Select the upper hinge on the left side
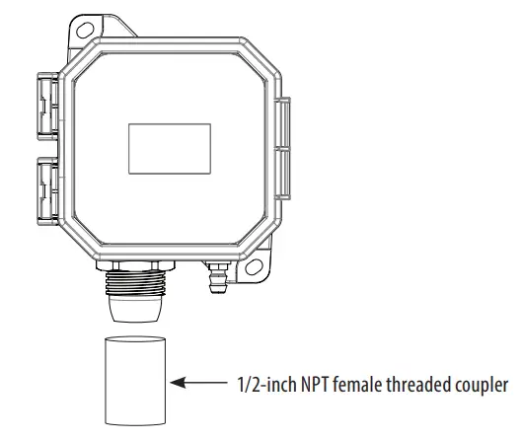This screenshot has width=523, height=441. tap(43, 107)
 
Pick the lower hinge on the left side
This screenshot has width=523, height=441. tap(43, 189)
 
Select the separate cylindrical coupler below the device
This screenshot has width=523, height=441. tap(134, 378)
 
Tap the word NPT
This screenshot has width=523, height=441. tap(317, 383)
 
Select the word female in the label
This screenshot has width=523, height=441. tap(362, 383)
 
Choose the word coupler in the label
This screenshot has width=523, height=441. tap(485, 383)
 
